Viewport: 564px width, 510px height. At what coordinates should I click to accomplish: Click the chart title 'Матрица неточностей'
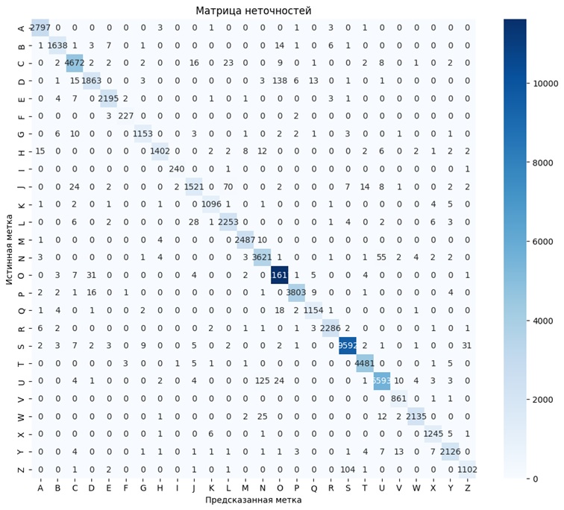pos(254,10)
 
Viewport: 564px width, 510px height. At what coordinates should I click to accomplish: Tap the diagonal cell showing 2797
pos(40,28)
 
